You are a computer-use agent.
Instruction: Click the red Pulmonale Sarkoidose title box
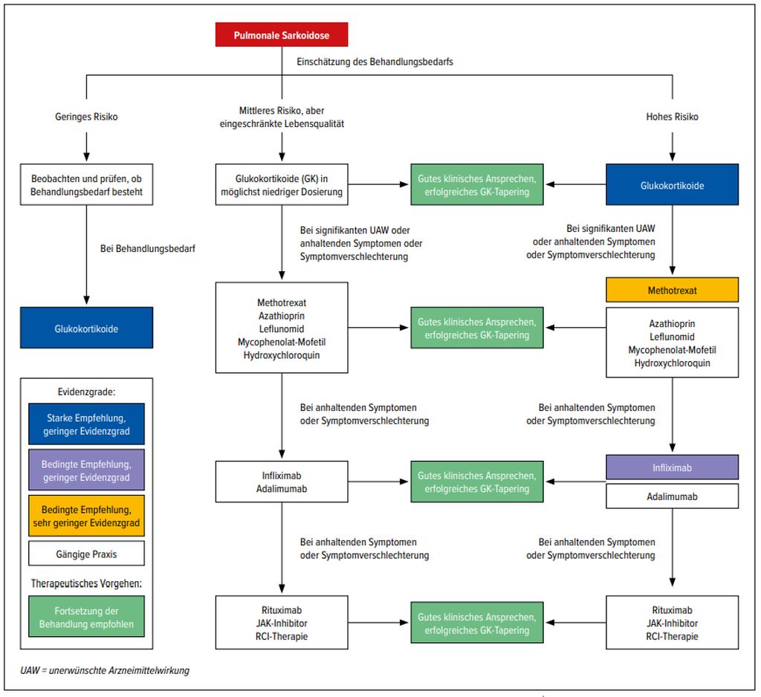(282, 35)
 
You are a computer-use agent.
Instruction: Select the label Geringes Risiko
(86, 117)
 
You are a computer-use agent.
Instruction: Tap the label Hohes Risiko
(673, 117)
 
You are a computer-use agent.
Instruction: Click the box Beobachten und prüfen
(86, 185)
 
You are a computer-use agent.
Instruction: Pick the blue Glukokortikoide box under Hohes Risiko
(673, 185)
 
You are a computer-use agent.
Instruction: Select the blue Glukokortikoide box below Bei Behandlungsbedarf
(86, 328)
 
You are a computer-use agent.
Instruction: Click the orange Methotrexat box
(673, 290)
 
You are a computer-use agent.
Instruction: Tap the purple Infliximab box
(673, 467)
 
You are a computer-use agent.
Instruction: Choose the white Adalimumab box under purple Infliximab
(673, 496)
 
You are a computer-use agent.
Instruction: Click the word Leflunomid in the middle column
(281, 328)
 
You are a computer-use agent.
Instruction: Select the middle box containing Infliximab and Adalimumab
(281, 482)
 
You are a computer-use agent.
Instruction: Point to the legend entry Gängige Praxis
(86, 554)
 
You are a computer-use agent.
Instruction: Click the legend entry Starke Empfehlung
(86, 424)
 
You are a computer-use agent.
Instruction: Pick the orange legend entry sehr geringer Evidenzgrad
(86, 516)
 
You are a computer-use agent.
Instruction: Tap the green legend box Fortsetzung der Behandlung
(86, 617)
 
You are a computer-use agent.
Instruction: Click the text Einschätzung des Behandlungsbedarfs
(375, 62)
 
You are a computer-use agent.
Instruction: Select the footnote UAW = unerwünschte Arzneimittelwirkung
(105, 670)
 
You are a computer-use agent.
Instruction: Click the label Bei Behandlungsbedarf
(147, 249)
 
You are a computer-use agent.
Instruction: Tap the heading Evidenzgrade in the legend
(86, 391)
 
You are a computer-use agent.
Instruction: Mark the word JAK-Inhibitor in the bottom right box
(673, 623)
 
